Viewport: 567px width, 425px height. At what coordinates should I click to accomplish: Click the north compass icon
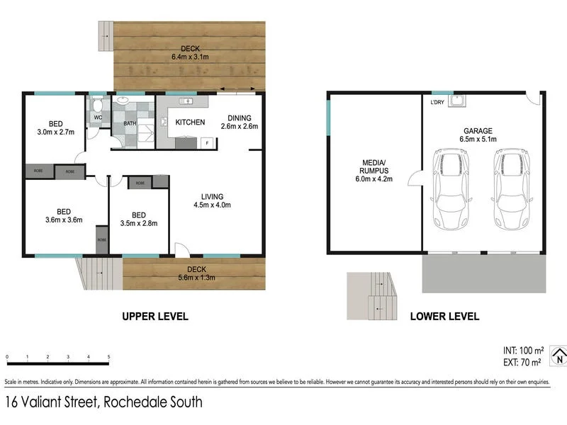pos(558,356)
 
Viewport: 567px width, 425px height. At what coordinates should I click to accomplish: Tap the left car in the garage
pos(451,190)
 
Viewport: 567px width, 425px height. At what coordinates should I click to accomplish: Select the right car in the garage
pos(512,190)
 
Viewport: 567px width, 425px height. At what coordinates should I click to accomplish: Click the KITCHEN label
pos(190,123)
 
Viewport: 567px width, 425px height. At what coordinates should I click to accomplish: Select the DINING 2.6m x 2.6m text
pos(239,122)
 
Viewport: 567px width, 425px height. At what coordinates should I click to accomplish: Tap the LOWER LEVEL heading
pos(444,317)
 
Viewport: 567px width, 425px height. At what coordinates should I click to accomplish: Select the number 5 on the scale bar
pos(108,357)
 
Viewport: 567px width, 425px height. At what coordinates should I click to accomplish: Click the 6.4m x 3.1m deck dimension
pos(189,57)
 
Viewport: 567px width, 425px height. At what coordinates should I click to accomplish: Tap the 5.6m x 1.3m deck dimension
pos(196,278)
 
